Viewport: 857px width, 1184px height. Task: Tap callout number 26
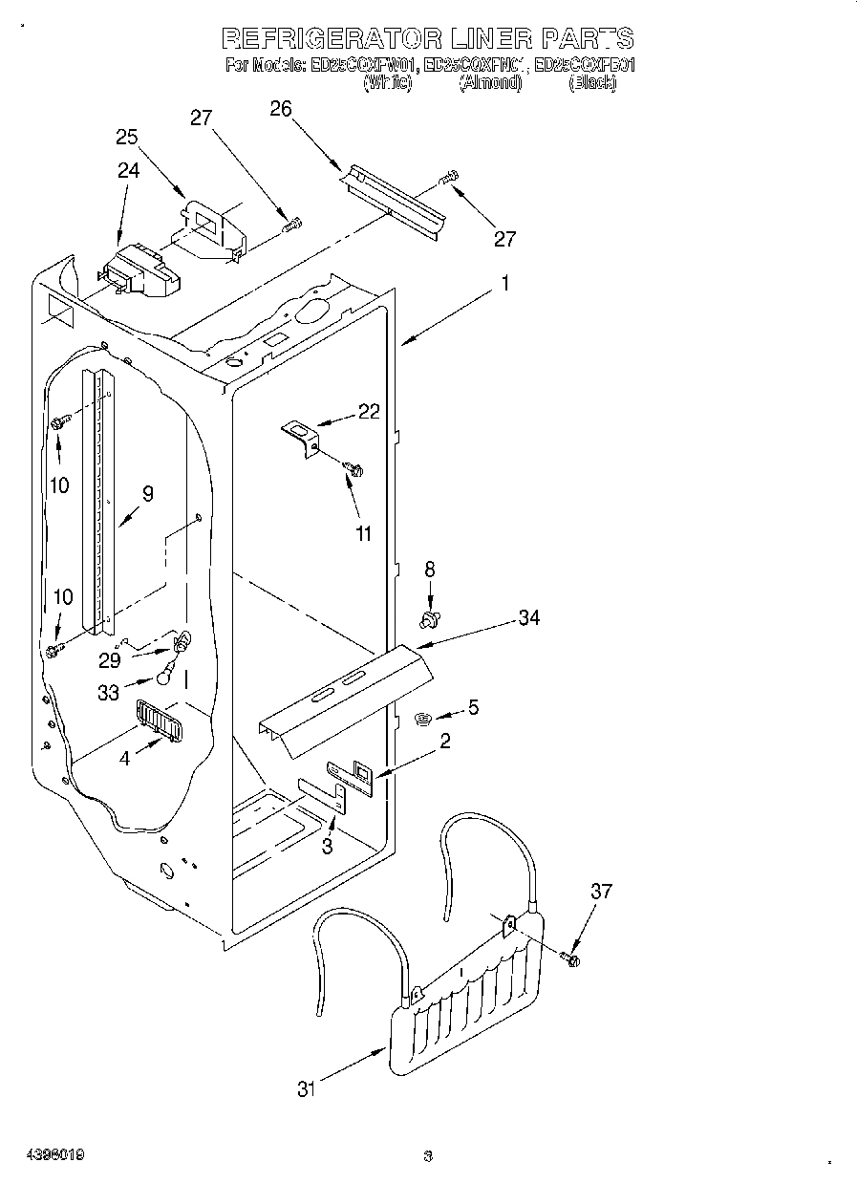tap(280, 108)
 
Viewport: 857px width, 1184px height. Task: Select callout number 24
tap(128, 170)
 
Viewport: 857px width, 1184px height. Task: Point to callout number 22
tap(369, 412)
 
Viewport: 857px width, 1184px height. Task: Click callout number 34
tap(528, 617)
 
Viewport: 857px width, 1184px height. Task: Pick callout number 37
tap(600, 892)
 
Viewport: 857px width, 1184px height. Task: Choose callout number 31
tap(305, 1088)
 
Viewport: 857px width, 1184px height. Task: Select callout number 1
tap(504, 283)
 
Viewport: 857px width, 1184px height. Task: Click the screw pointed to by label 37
tap(571, 958)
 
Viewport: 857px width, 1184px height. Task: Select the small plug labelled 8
tap(429, 620)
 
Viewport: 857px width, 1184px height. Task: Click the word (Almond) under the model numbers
tap(490, 83)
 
